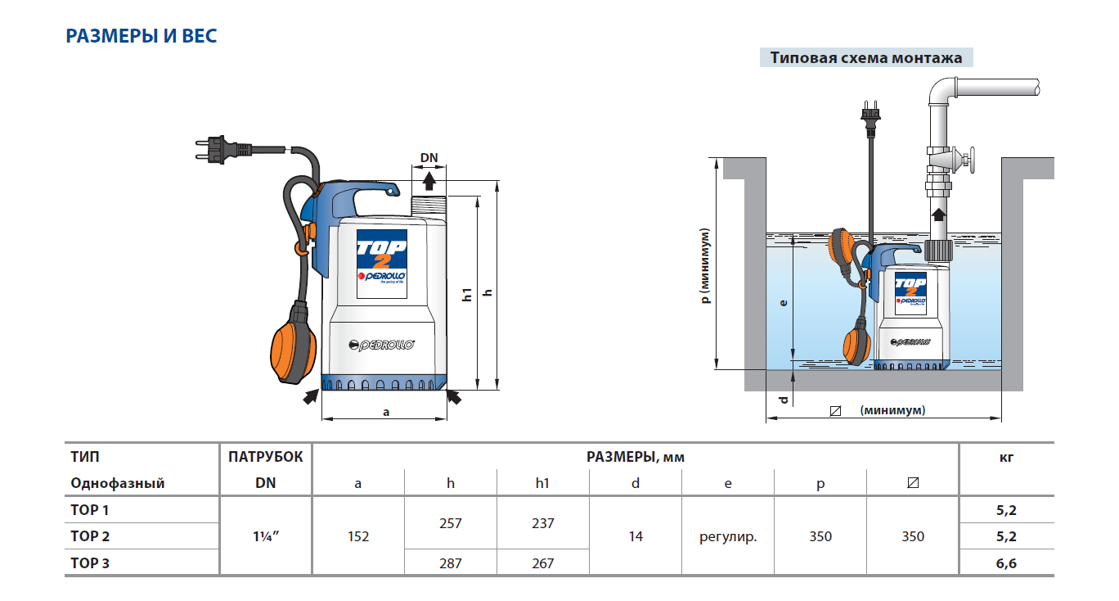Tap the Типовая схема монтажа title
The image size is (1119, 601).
[866, 58]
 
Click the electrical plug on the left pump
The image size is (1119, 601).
[217, 151]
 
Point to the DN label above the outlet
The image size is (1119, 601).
[429, 157]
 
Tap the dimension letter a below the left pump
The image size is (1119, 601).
[385, 411]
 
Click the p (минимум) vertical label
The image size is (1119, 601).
[706, 265]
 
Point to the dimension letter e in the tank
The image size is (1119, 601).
[783, 302]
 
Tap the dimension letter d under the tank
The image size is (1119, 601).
[783, 400]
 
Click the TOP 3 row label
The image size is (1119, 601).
[90, 563]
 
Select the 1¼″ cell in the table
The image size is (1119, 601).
[265, 536]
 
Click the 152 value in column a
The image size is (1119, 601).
[358, 536]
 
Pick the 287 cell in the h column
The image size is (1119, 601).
[450, 563]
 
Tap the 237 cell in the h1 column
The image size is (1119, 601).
[542, 523]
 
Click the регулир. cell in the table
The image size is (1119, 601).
[728, 536]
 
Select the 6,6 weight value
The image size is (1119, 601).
[1006, 563]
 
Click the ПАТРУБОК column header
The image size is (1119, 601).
[265, 457]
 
